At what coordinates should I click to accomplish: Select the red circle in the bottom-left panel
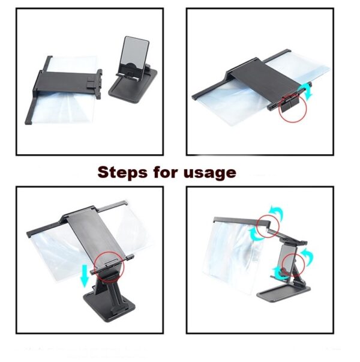point(109,264)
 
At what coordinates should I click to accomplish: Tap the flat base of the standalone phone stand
point(132,88)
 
